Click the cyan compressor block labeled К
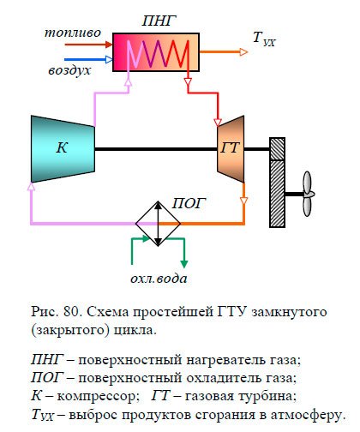click(60, 147)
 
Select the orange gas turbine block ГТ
click(229, 148)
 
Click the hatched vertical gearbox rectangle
click(276, 182)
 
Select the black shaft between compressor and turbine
click(154, 148)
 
